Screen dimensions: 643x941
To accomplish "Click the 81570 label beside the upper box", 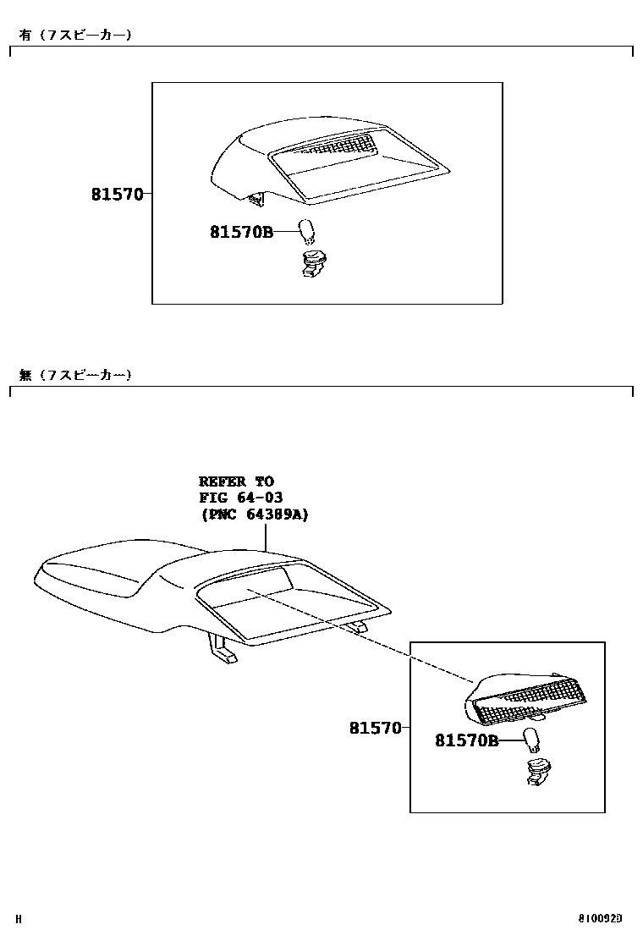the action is pyautogui.click(x=117, y=195).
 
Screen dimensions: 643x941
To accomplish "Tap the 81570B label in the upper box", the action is pyautogui.click(x=241, y=231).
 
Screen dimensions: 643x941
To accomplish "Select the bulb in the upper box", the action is pyautogui.click(x=308, y=229).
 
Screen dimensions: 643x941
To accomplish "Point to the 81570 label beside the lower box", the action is pyautogui.click(x=375, y=728).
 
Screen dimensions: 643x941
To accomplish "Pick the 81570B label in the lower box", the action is pyautogui.click(x=466, y=741).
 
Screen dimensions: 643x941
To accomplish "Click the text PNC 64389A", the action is pyautogui.click(x=254, y=514).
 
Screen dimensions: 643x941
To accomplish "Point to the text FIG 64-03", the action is pyautogui.click(x=240, y=498).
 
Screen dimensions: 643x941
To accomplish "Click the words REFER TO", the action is pyautogui.click(x=236, y=482).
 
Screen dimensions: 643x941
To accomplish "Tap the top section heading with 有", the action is pyautogui.click(x=75, y=35).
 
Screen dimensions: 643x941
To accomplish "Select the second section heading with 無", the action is pyautogui.click(x=75, y=375).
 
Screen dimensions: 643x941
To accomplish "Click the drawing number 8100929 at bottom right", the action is pyautogui.click(x=600, y=918).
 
